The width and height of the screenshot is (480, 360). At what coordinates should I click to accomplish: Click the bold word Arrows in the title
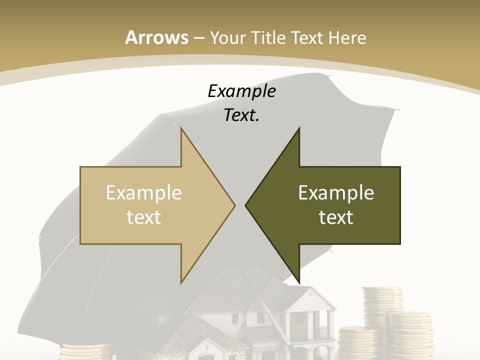point(156,37)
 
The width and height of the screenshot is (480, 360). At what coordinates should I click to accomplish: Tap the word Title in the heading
point(267,37)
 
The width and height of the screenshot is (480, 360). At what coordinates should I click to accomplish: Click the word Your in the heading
point(227,38)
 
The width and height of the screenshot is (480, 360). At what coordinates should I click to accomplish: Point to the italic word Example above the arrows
point(241,91)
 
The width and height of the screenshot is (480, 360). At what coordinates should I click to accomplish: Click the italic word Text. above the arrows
point(241,115)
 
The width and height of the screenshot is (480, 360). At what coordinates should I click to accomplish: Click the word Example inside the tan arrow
point(143,192)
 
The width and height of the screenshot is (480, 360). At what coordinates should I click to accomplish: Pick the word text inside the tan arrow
point(143,217)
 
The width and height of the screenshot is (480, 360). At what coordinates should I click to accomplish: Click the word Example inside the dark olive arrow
point(336,192)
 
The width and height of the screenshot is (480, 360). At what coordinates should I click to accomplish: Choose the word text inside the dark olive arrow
point(336,217)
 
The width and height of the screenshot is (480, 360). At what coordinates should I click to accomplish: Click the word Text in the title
point(307,37)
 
